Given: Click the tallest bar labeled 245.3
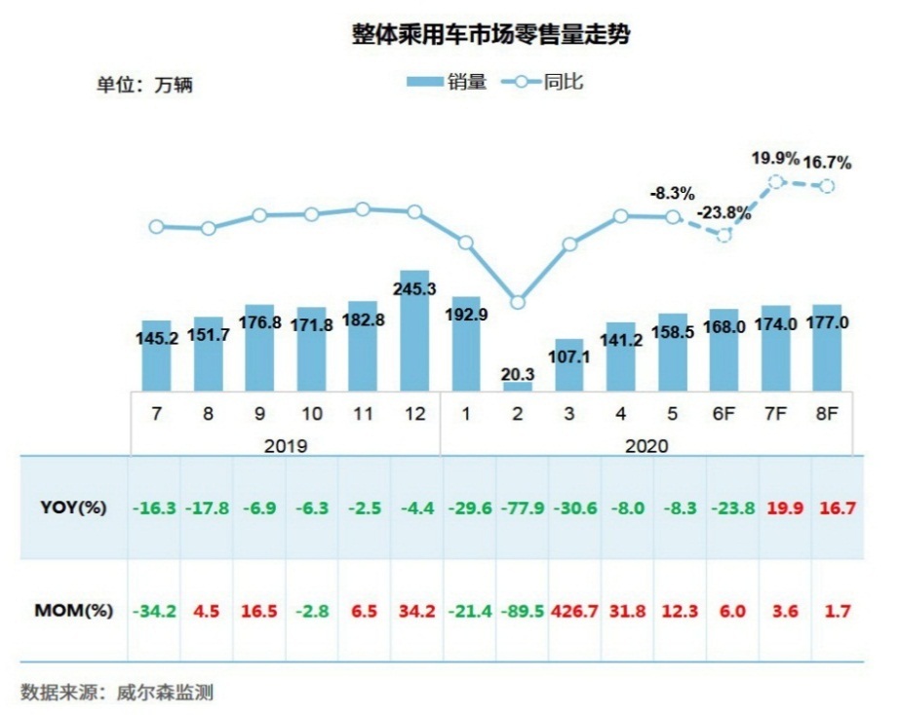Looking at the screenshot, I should click(x=414, y=331).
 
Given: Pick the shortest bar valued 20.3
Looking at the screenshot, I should click(x=519, y=387).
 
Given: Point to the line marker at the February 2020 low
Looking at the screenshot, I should click(x=519, y=302).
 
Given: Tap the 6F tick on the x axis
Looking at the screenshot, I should click(x=724, y=414).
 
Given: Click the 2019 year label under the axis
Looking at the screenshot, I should click(x=286, y=445).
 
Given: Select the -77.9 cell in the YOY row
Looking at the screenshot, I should click(x=519, y=508).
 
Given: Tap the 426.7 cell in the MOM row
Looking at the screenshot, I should click(x=570, y=611).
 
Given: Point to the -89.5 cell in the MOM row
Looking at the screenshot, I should click(x=519, y=611).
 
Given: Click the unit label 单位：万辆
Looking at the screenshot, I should click(x=144, y=85).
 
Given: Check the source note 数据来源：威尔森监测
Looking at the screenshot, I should click(x=117, y=693).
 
